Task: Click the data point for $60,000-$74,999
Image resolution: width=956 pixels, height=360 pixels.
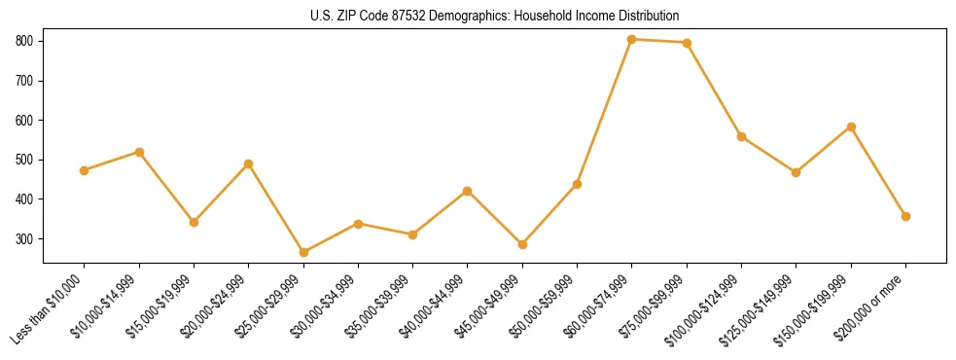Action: tap(632, 39)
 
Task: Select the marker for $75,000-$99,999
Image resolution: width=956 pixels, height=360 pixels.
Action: tap(687, 43)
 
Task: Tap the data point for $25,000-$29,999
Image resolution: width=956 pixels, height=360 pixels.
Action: tap(303, 252)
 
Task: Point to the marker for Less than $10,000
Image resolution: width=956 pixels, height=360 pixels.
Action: tap(85, 170)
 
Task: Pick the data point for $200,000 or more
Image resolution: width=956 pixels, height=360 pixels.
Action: tap(905, 216)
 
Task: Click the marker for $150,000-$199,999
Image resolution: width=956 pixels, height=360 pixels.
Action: tap(851, 126)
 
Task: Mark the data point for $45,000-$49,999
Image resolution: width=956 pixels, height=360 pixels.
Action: tap(522, 244)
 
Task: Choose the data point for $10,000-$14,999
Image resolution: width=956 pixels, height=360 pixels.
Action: tap(139, 152)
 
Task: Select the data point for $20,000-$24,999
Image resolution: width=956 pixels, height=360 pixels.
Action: tap(249, 163)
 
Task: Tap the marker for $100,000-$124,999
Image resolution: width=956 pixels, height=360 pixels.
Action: tap(741, 136)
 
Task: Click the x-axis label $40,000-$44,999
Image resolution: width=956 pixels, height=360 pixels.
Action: tap(437, 306)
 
